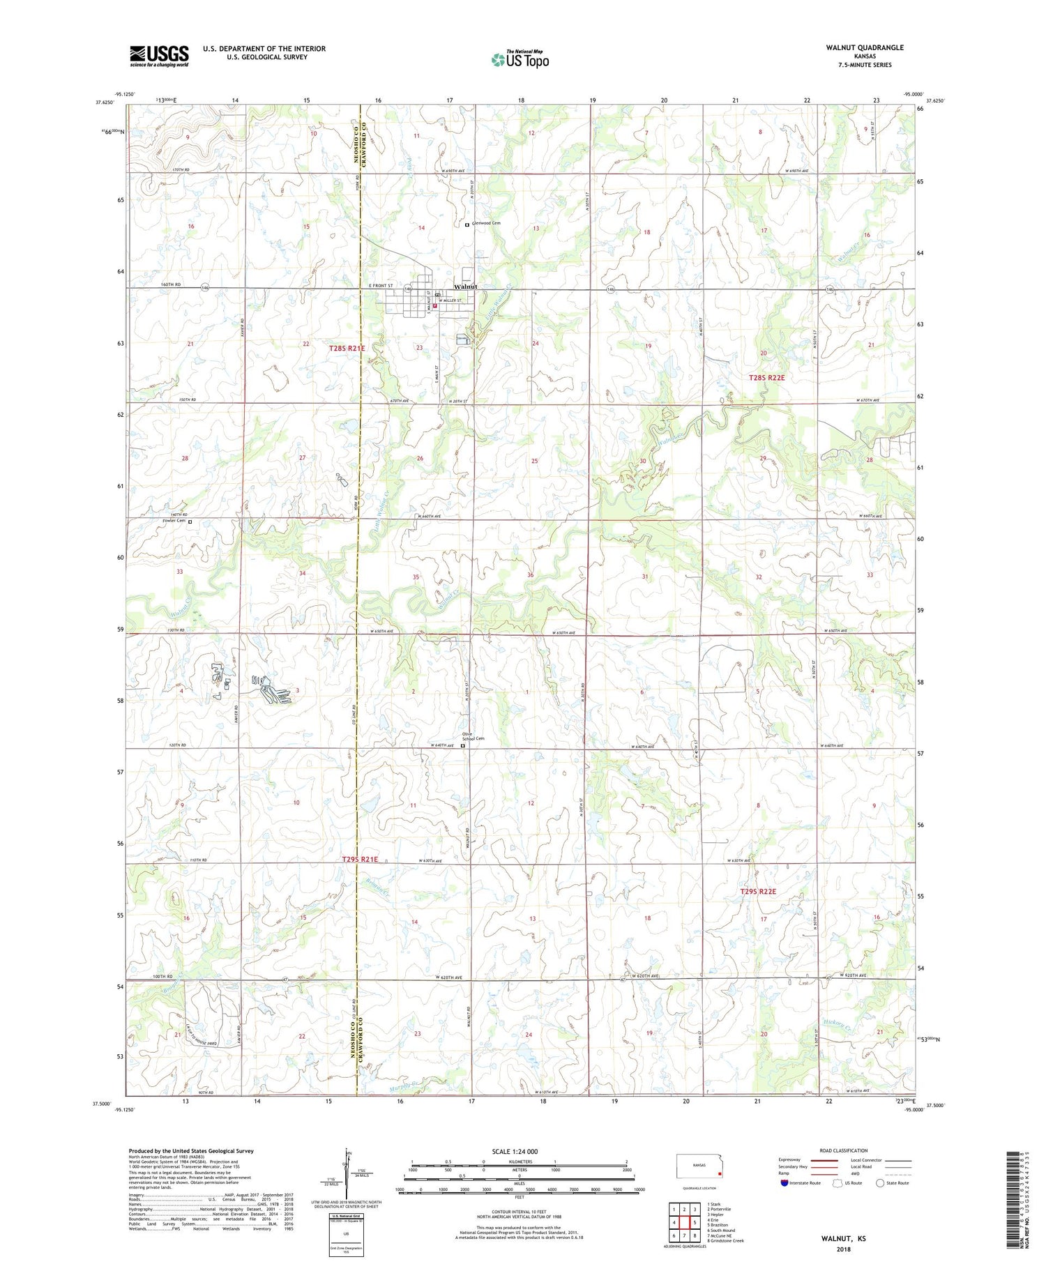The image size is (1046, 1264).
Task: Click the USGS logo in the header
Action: [x=159, y=56]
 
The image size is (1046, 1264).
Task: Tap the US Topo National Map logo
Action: [x=520, y=59]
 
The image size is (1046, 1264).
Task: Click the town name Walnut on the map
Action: [x=466, y=287]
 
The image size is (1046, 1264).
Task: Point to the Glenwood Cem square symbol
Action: [x=467, y=224]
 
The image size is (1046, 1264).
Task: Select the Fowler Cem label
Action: [x=174, y=521]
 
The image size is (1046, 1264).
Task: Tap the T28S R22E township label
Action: [x=766, y=377]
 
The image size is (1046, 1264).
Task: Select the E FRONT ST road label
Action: [x=381, y=286]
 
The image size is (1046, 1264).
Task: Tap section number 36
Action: [x=531, y=575]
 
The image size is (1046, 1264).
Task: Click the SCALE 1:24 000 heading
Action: [x=515, y=1151]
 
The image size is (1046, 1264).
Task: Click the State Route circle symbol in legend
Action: [x=880, y=1183]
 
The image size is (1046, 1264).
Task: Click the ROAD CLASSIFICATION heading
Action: [x=844, y=1150]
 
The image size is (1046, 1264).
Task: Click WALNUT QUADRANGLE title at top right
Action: [x=864, y=47]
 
